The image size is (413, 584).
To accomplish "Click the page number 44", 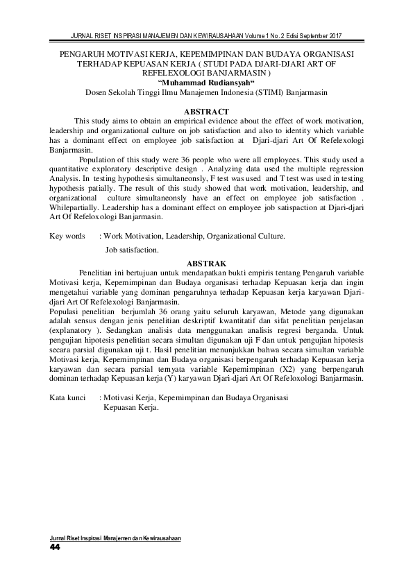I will click(x=56, y=547).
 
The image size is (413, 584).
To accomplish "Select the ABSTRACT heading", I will click(x=206, y=111).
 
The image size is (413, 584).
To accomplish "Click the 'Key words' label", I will click(x=67, y=236).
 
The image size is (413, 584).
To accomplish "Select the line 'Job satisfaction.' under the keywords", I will click(x=132, y=249).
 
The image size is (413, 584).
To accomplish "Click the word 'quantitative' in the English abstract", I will click(x=71, y=169).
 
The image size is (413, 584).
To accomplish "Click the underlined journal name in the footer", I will click(x=115, y=538).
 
